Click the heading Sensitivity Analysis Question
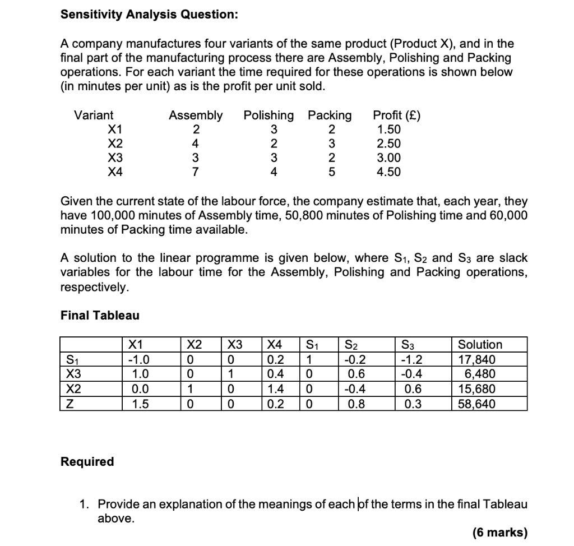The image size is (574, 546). (149, 15)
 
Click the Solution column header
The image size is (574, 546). (480, 344)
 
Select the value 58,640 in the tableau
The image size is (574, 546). (476, 404)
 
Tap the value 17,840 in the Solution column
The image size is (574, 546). (476, 360)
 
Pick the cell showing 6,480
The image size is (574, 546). (480, 374)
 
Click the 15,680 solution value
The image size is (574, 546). (476, 389)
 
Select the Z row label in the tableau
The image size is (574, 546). (71, 404)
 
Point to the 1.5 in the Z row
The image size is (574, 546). (137, 404)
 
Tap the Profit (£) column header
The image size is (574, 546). (396, 115)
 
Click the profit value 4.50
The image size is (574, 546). (389, 172)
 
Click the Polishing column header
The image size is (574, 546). (268, 115)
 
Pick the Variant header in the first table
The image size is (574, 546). (94, 115)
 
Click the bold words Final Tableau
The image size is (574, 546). (100, 315)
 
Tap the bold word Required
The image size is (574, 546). (87, 461)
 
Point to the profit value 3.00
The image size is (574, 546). (389, 158)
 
